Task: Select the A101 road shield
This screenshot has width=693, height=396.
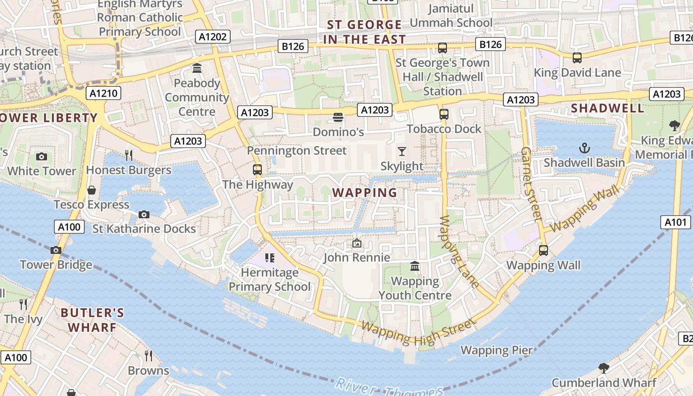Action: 675,222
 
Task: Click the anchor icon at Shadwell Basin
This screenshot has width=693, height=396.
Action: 585,148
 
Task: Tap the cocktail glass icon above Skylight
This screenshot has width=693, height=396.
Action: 402,151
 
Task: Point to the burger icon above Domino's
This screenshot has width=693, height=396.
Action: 338,117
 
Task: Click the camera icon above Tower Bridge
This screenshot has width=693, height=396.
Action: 56,250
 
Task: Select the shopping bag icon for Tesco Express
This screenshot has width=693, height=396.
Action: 92,190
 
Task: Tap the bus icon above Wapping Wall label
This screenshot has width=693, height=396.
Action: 544,250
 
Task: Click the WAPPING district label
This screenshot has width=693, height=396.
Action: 364,193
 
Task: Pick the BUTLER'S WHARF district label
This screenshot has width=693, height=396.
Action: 92,320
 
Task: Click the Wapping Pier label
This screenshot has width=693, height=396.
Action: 496,350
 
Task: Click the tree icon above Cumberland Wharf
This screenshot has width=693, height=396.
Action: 603,368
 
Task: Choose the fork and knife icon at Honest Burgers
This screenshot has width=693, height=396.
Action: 129,155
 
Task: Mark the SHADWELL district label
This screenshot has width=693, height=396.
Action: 607,108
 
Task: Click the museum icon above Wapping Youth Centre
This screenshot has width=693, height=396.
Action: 415,266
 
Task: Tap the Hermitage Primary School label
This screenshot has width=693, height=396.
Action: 270,279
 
